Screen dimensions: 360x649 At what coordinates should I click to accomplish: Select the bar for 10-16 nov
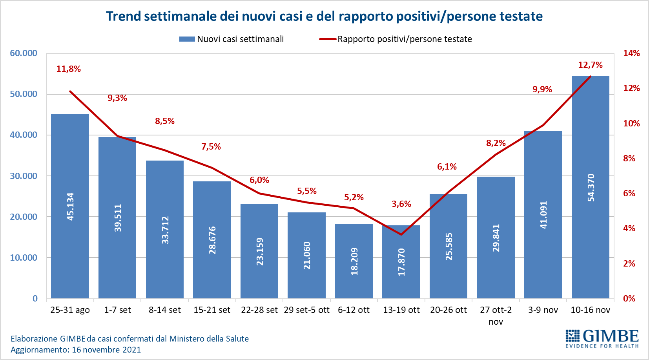tap(590, 236)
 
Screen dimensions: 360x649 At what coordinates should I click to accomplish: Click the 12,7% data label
tap(590, 65)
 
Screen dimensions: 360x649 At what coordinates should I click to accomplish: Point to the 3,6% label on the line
tap(401, 204)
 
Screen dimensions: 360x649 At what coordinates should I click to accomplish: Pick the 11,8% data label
tap(69, 69)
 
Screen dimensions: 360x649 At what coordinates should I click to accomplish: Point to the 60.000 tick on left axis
tap(24, 53)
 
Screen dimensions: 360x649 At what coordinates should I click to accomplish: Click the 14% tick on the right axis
tap(631, 53)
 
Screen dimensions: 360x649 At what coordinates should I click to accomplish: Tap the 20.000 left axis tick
tap(24, 217)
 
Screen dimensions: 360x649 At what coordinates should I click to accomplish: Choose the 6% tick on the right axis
tap(629, 194)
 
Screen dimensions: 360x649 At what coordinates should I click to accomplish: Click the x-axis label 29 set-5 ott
tap(306, 310)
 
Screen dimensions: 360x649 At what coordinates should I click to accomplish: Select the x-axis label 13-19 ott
tap(401, 310)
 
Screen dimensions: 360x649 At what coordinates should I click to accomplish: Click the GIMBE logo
tap(602, 338)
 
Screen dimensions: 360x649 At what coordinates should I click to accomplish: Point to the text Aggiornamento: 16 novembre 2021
tap(76, 350)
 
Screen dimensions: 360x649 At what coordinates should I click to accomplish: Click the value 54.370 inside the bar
tap(591, 188)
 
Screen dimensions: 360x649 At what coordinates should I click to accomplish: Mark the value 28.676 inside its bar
tap(212, 240)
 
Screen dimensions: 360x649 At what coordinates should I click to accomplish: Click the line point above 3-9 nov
tap(543, 125)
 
